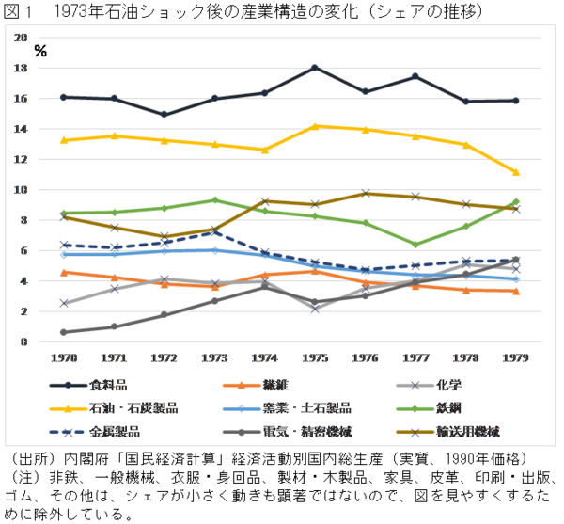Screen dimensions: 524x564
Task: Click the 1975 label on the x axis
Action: [x=315, y=357]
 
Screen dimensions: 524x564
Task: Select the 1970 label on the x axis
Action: [x=64, y=357]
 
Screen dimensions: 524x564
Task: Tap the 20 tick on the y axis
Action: [x=21, y=38]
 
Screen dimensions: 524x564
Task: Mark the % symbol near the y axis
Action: [x=39, y=52]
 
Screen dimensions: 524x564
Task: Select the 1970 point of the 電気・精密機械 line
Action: [x=64, y=332]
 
